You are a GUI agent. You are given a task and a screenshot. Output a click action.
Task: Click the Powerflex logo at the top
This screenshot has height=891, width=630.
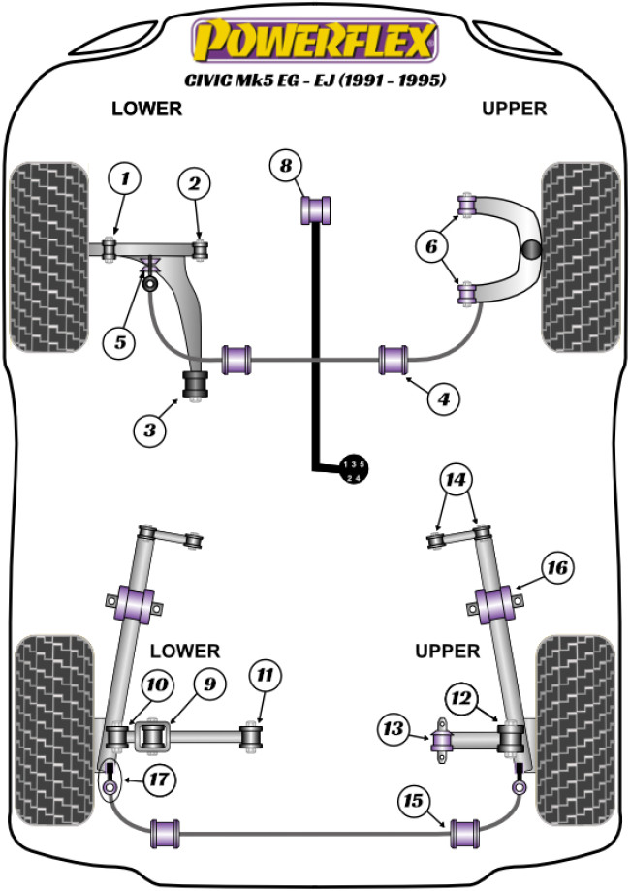314,42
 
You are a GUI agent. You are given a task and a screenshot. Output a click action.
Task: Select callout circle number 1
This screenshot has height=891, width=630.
123,177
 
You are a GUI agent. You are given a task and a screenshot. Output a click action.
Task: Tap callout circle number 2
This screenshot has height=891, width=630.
195,182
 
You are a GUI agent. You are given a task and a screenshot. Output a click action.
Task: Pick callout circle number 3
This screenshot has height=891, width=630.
150,429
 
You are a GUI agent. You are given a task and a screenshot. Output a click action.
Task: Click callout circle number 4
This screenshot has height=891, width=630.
441,398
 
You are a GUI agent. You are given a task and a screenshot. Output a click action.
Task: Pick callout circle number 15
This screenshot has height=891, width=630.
414,801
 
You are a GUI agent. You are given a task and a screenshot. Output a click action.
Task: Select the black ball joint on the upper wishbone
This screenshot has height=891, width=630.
532,249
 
